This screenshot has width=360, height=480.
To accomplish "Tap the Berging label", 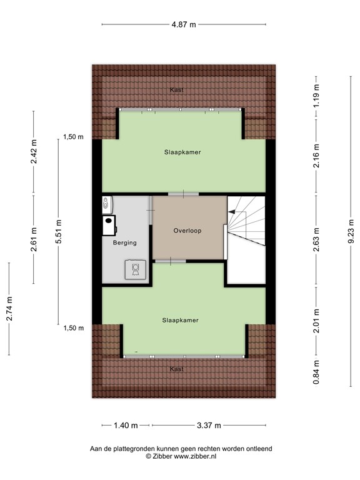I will (124, 242).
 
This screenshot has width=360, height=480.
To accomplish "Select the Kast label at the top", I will (177, 91).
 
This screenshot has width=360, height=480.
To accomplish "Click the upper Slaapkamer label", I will (182, 152).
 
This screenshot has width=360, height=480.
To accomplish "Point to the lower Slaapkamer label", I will (180, 320).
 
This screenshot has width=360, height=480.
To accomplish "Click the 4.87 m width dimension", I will (184, 24).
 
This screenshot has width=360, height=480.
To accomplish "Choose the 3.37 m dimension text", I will (209, 426).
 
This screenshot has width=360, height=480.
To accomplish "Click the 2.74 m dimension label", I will (9, 309).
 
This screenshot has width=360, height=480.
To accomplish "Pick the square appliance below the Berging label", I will (134, 268).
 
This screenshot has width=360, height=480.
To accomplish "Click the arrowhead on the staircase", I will (231, 213).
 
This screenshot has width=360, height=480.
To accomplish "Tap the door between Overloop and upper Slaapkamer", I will (183, 194).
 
